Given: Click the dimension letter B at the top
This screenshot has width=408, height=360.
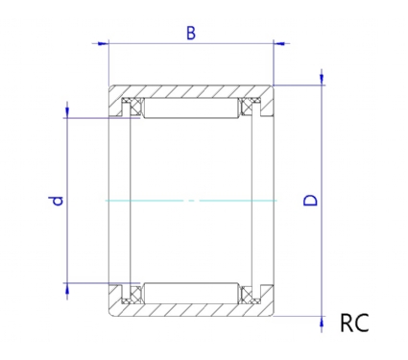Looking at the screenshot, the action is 191,34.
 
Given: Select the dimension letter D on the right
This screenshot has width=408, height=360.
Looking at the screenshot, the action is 310,200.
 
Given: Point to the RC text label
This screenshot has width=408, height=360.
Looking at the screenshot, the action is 354,323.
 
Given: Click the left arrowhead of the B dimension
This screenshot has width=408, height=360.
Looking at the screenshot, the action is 103,43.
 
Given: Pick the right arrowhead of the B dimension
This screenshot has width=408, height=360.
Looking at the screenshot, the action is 279,43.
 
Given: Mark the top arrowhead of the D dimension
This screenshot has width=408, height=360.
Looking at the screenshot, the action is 322,80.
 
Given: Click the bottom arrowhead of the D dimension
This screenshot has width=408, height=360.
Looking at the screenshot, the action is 322,322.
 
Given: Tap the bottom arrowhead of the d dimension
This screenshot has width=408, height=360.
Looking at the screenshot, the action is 67,289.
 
